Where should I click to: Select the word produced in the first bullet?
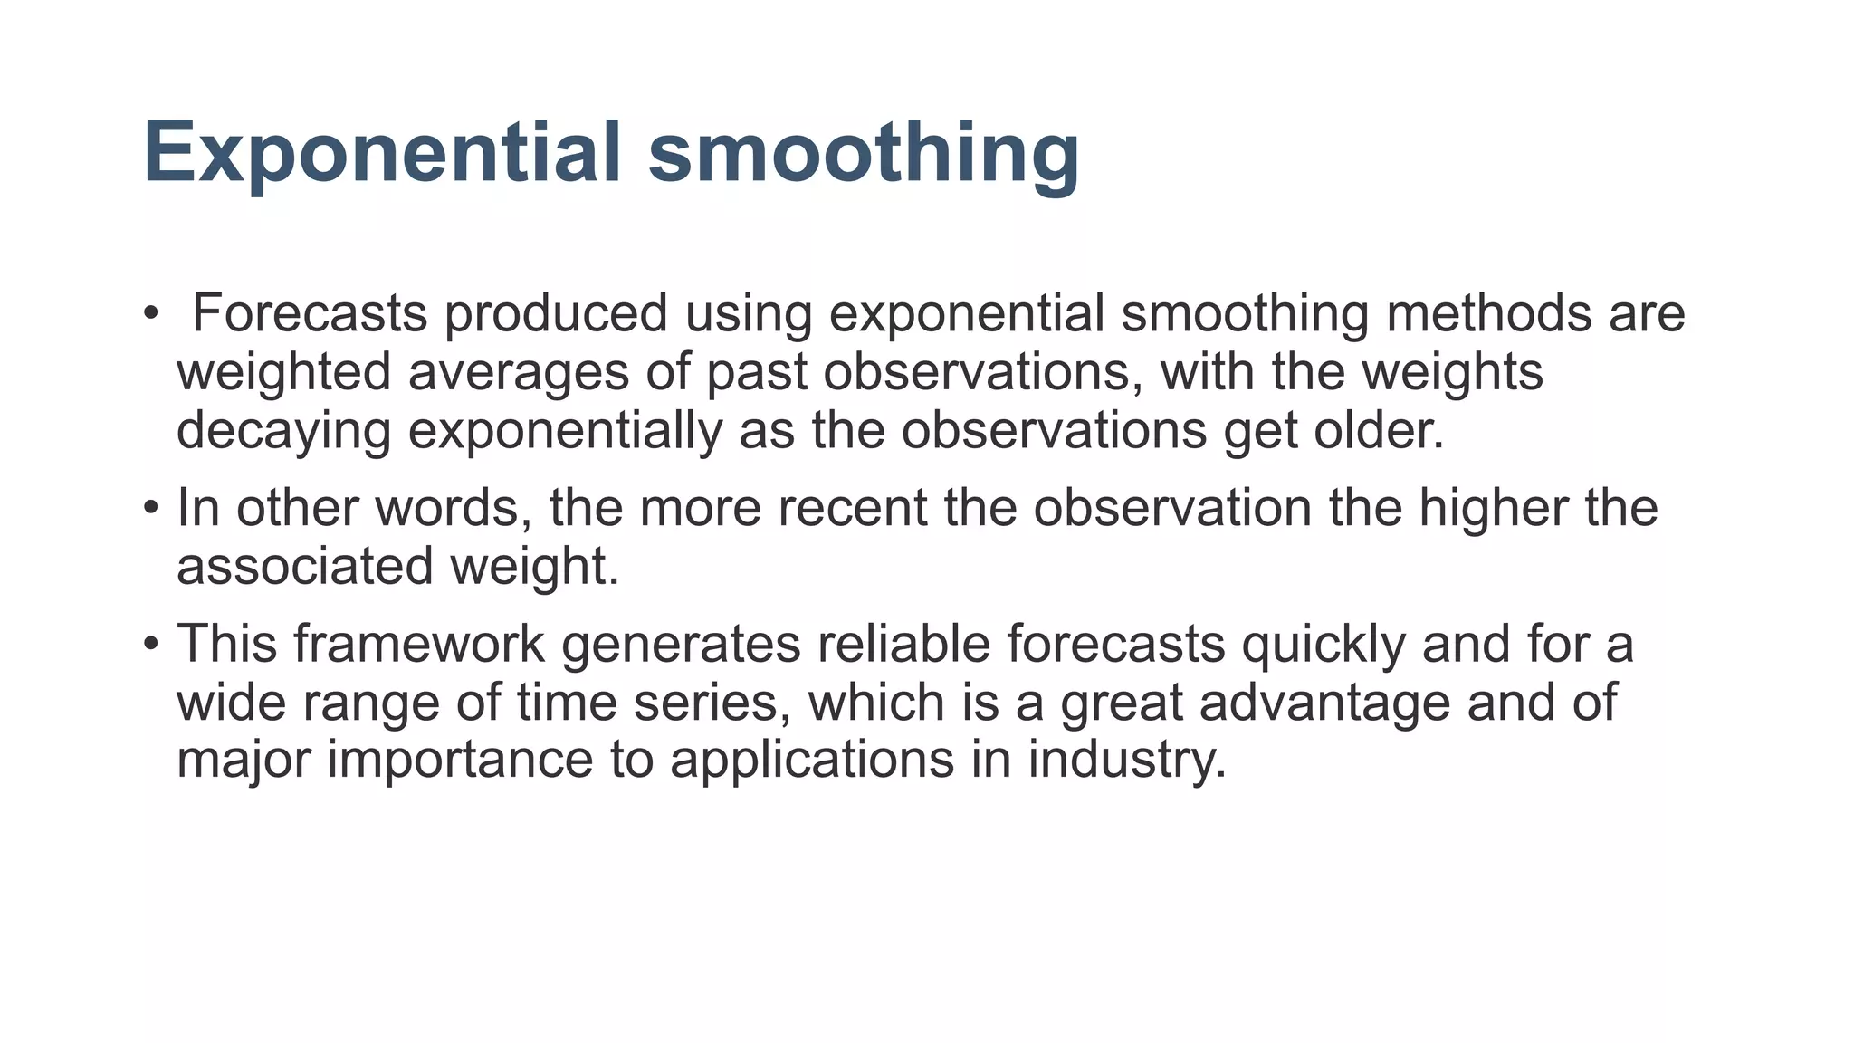tap(556, 313)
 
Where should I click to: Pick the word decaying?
tap(283, 430)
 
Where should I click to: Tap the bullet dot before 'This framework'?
tap(150, 644)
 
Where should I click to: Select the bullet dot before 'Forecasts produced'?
tap(150, 313)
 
